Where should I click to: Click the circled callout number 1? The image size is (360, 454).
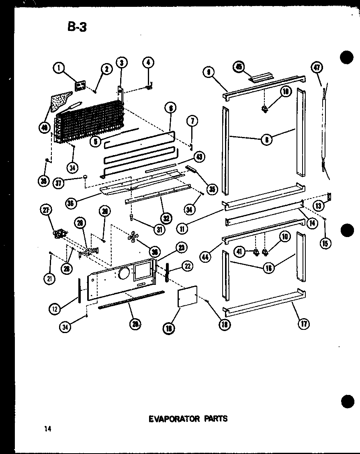pyautogui.click(x=59, y=69)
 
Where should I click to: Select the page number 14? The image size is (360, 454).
pyautogui.click(x=48, y=429)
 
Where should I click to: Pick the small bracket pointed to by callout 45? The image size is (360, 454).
pyautogui.click(x=260, y=76)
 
